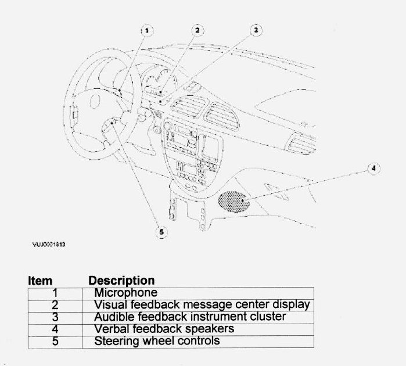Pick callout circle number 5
(161, 232)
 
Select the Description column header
(121, 281)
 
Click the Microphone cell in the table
(125, 293)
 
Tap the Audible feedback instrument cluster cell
(190, 317)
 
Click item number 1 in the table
(55, 293)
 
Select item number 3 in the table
(55, 317)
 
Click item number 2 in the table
(55, 305)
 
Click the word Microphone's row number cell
(55, 293)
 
